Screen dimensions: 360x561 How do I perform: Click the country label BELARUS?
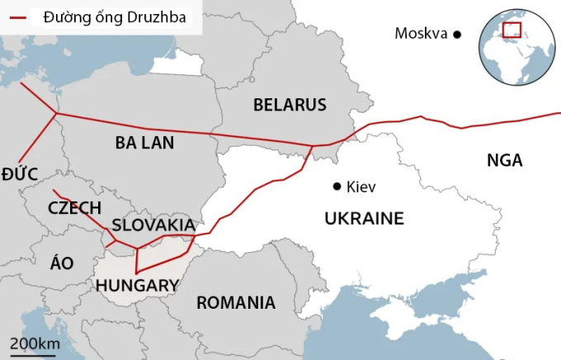(290, 105)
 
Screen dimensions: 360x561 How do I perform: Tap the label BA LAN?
(144, 143)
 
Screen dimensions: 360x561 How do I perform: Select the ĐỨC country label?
(19, 172)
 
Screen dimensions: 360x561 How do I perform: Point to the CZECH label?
(74, 207)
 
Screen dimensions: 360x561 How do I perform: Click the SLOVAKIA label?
(153, 225)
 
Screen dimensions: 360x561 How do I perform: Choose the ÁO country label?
(62, 263)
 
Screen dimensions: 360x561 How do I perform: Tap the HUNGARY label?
(137, 286)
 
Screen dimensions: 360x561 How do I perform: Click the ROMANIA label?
(236, 303)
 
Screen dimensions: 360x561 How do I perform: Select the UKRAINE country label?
(364, 218)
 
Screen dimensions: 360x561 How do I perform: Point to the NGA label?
(504, 160)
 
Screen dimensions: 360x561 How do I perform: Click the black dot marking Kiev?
(337, 187)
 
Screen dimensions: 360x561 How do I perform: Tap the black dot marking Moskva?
(457, 34)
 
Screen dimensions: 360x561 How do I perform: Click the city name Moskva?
(421, 34)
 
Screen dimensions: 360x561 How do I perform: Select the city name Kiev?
(361, 187)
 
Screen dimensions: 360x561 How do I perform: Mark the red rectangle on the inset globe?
(512, 31)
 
